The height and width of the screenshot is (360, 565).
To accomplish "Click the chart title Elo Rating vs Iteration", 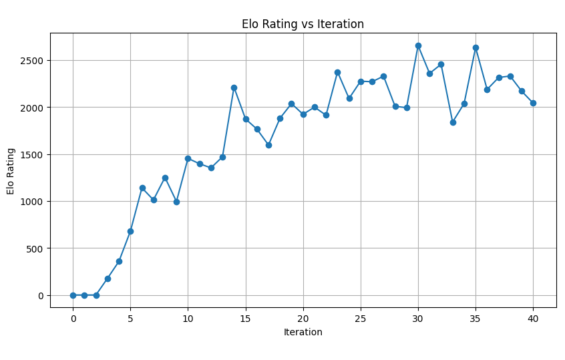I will [303, 24].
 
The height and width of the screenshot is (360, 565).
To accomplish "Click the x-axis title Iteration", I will [303, 332].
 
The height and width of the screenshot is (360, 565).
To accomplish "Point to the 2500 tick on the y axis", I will [33, 60].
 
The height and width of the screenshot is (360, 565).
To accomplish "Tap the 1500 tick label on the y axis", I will [33, 154].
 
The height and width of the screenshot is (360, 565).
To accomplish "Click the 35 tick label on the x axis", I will [476, 319].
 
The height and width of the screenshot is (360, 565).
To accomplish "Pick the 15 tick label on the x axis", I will [245, 319].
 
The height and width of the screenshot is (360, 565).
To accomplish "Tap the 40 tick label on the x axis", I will [533, 319].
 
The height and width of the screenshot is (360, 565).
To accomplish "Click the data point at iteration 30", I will [418, 45].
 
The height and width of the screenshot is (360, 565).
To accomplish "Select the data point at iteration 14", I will [234, 87].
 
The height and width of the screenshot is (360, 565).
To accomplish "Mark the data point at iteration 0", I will [73, 295].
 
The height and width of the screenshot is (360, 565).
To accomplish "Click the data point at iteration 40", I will [533, 103].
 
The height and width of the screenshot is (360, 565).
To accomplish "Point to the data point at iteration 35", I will [476, 47].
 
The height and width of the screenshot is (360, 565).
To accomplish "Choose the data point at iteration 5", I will [130, 231].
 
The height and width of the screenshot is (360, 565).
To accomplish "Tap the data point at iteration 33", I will [453, 122].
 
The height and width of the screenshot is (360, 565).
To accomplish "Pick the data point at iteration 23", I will [337, 72].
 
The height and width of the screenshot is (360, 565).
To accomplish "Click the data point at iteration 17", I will [268, 145].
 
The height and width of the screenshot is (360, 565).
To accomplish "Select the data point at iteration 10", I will [188, 158].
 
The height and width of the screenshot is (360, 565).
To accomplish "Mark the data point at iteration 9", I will [176, 202].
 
